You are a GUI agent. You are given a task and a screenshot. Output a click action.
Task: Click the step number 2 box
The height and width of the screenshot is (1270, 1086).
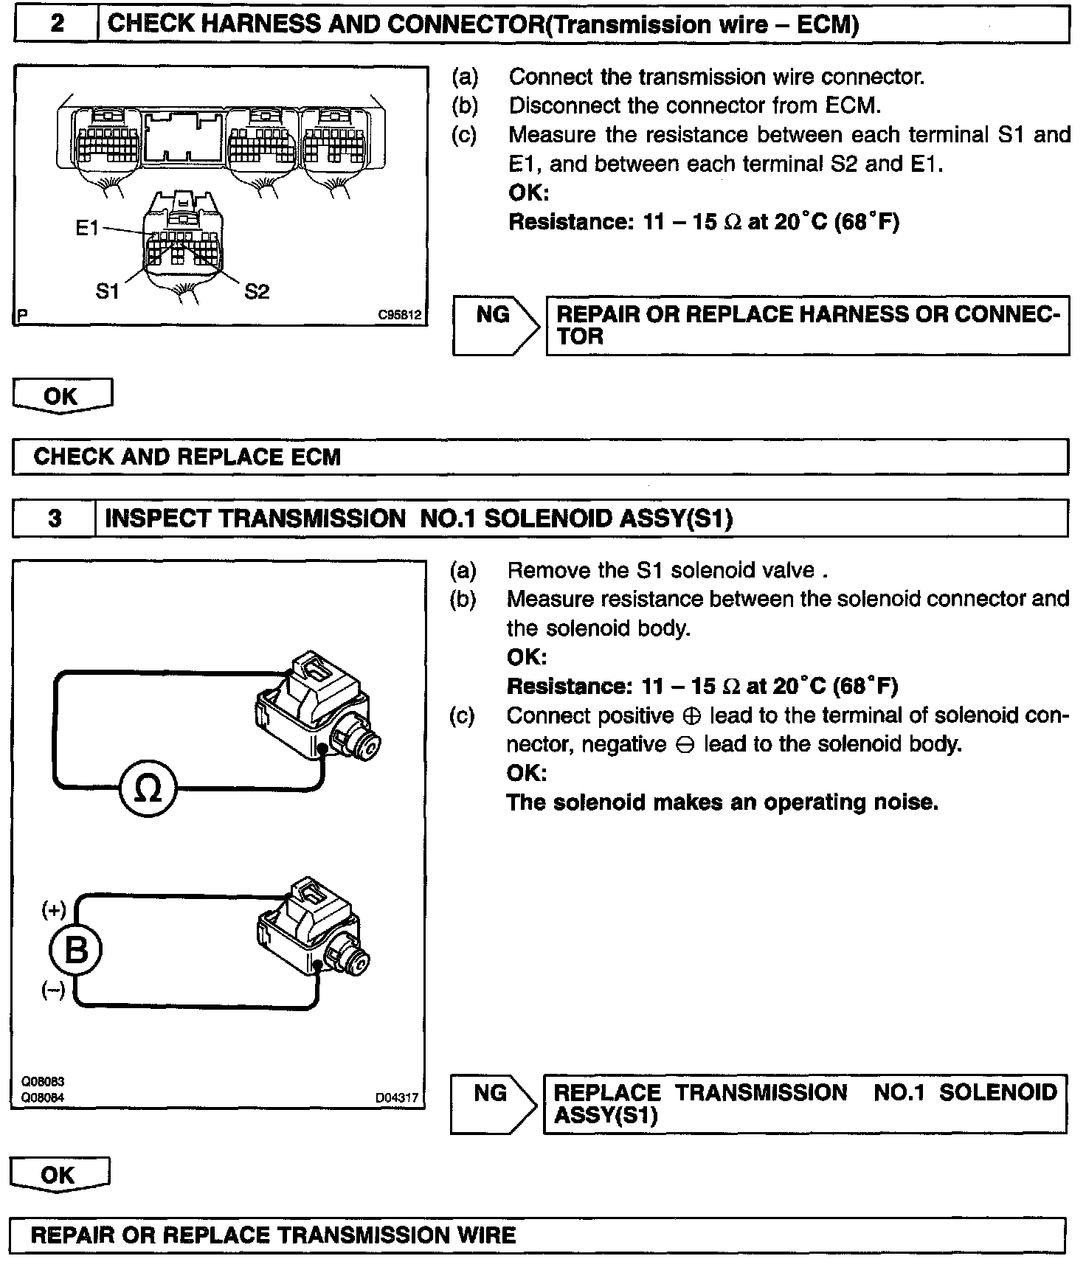(x=56, y=24)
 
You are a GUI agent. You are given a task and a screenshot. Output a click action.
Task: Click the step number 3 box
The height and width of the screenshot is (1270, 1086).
(x=55, y=518)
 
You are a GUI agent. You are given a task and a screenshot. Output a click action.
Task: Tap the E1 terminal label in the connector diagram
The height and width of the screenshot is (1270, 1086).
(x=87, y=228)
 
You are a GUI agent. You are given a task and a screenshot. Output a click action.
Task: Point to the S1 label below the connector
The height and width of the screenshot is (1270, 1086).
(x=108, y=291)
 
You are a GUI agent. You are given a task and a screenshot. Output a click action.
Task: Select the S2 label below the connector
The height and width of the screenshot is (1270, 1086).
(x=257, y=292)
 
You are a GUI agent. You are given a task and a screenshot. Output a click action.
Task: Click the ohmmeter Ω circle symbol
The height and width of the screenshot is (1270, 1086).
(x=148, y=789)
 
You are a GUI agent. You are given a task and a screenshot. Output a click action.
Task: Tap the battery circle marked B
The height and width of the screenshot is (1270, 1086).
(x=76, y=951)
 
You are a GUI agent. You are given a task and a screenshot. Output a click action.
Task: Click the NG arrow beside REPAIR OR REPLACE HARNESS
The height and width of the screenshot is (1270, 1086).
(x=494, y=325)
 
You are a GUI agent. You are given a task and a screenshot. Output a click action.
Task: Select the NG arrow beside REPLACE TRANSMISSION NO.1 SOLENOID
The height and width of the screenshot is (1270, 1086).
(x=492, y=1103)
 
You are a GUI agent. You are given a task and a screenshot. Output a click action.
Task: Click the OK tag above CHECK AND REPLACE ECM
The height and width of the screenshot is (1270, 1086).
(x=61, y=396)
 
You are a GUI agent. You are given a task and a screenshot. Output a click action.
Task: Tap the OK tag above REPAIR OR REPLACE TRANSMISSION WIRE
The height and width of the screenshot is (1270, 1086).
(x=59, y=1175)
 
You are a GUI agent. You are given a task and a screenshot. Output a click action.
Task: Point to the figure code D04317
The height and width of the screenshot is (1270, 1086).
(x=397, y=1098)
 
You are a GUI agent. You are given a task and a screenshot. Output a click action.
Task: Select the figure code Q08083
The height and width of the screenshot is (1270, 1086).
(x=43, y=1081)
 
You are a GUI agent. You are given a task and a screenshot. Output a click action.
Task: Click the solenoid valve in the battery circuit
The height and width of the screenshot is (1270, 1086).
(x=314, y=931)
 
